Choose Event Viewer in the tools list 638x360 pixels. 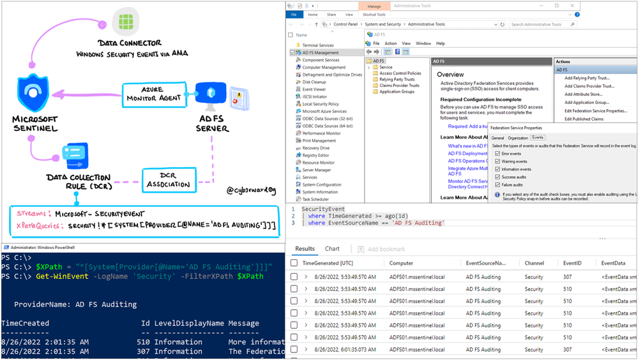click(314, 89)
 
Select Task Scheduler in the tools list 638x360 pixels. click(317, 199)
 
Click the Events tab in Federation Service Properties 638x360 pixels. click(538, 138)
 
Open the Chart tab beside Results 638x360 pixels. click(332, 249)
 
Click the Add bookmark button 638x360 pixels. click(381, 249)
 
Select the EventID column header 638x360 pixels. click(572, 263)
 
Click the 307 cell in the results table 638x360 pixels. click(568, 277)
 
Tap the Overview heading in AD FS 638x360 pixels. click(450, 75)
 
